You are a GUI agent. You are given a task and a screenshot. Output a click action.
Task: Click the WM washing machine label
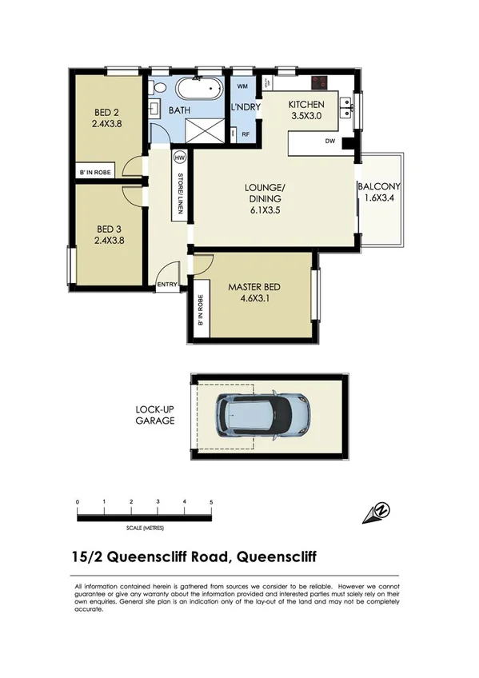point(241,85)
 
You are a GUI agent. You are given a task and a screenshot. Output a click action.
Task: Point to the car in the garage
point(264,413)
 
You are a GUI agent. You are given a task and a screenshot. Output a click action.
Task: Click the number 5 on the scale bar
point(211,502)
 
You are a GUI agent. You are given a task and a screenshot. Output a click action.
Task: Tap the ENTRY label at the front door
point(167,284)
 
